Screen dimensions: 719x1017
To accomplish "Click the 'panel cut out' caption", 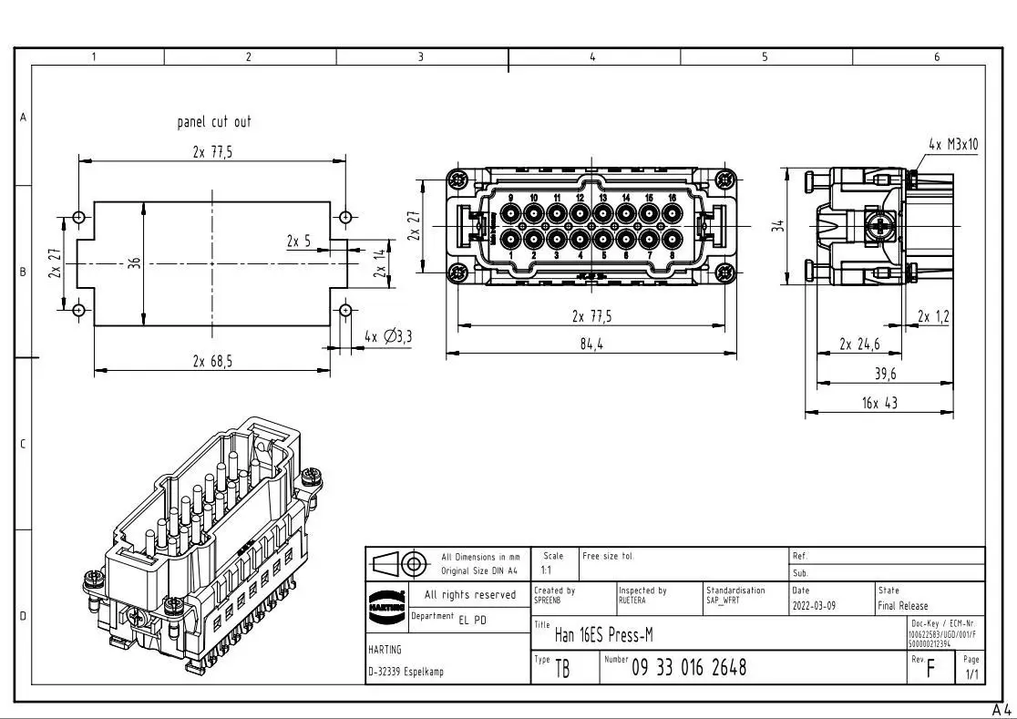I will (213, 122).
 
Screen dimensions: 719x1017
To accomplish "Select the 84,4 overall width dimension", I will (592, 344).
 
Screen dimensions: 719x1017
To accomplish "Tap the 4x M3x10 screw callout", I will (953, 144).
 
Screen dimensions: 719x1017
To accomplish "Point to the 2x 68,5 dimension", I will (211, 361).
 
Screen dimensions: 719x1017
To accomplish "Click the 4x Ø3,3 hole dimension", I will (388, 337).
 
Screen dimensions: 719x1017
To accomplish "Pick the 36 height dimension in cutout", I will (135, 262).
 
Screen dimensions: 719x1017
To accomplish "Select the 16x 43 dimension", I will (878, 403).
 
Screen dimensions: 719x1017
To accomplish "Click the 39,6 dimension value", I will (885, 374).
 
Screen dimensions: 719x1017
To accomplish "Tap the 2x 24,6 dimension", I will (860, 344).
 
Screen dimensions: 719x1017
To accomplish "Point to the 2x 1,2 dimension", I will (933, 317).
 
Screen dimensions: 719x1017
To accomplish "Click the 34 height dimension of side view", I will (777, 225).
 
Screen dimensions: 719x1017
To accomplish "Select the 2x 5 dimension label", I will (298, 241).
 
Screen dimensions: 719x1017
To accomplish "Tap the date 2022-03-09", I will (814, 606).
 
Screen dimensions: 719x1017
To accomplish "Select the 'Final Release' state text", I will (902, 606).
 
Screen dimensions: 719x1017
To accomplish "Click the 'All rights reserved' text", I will (469, 595).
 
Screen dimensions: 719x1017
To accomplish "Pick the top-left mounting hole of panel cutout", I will (79, 217).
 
